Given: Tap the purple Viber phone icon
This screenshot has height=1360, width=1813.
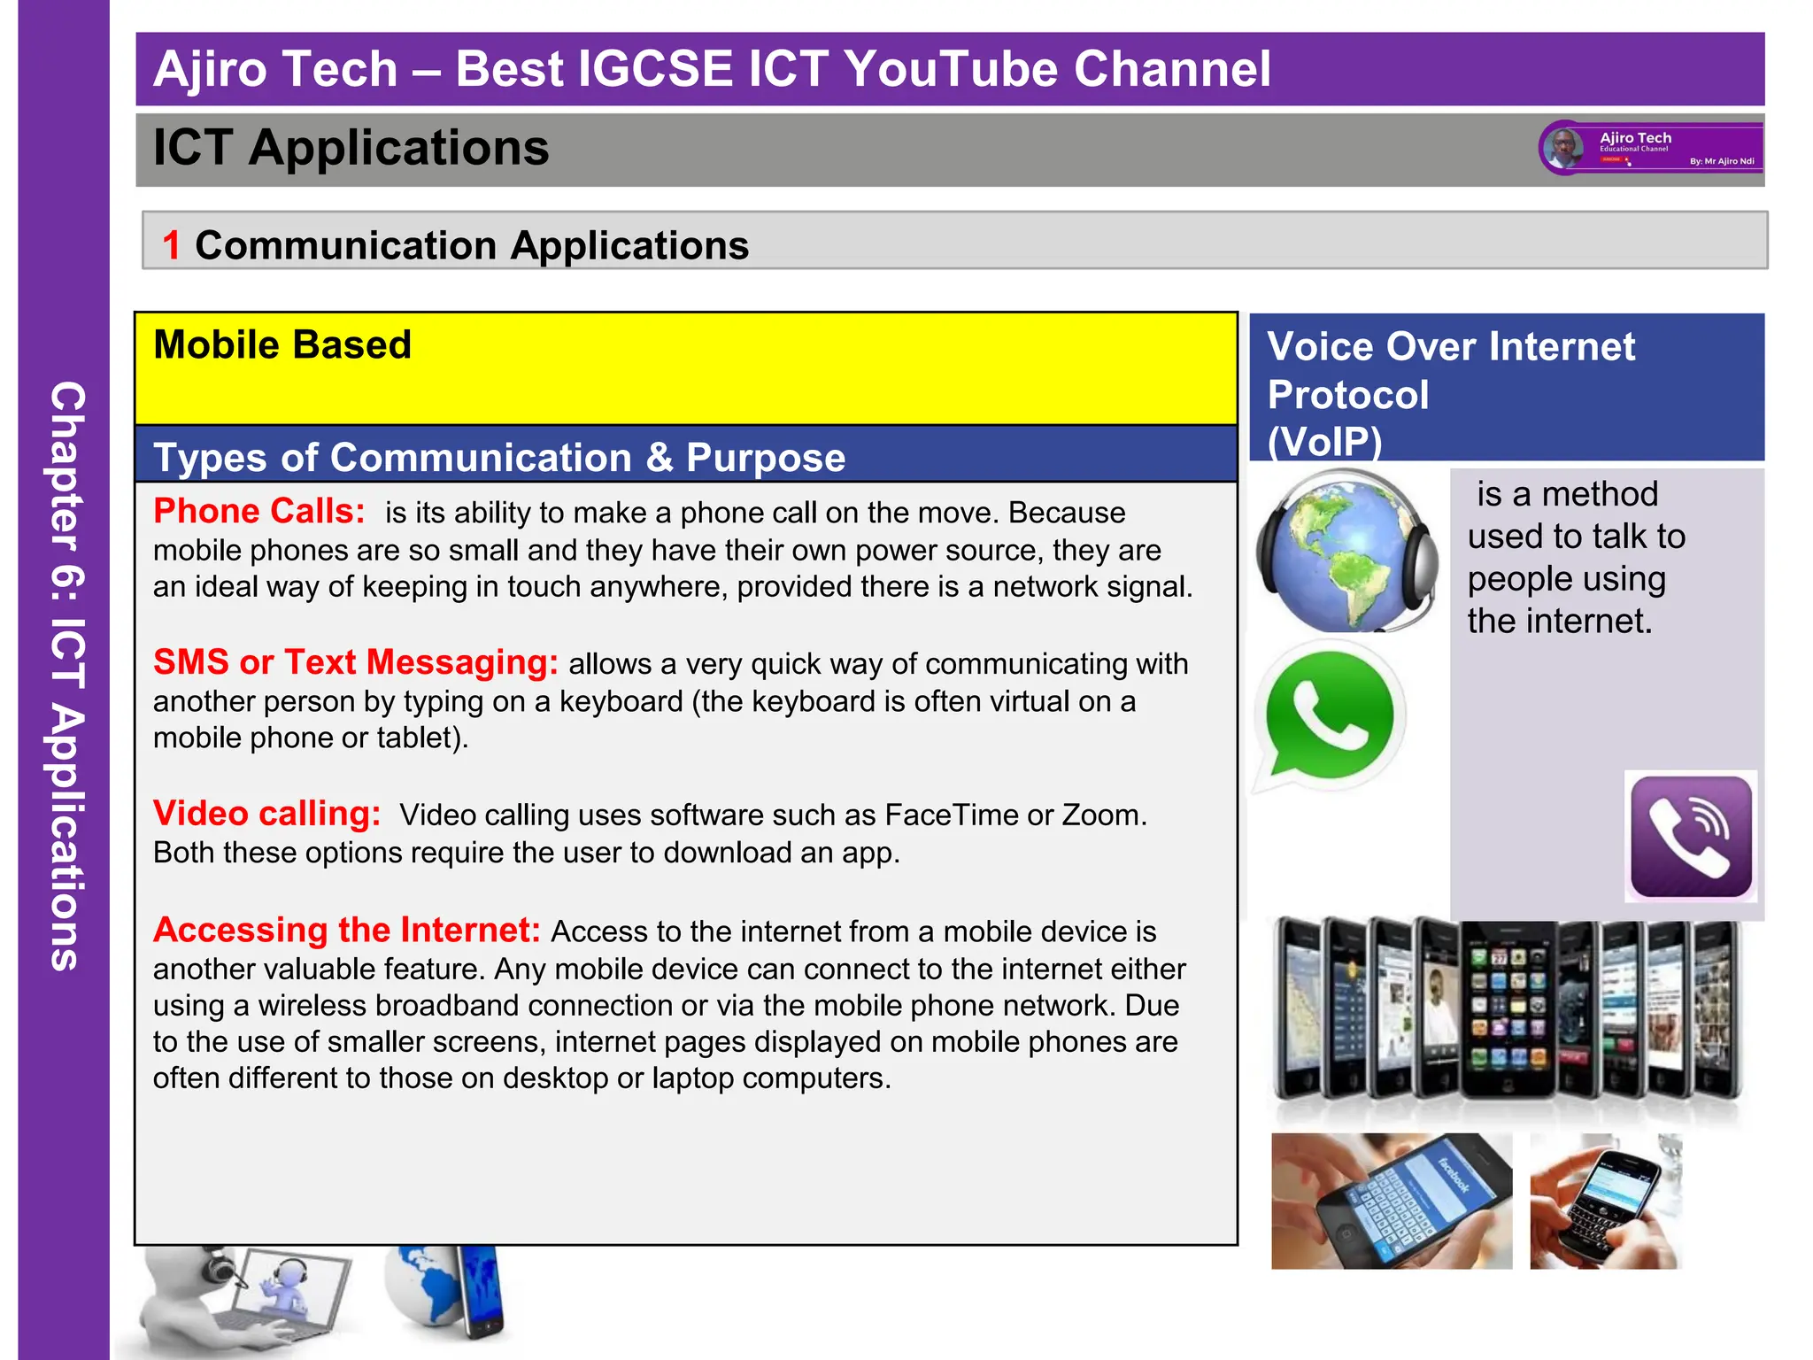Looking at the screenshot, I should tap(1691, 837).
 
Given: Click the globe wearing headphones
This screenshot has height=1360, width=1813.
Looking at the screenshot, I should tap(1345, 551).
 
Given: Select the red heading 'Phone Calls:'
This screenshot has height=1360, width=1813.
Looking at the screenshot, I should tap(258, 512).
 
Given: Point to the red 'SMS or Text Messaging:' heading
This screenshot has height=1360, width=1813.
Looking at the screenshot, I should tap(355, 662).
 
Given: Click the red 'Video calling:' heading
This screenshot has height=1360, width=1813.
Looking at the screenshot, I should tap(266, 814).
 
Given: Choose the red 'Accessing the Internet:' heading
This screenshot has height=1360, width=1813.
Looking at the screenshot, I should tap(346, 930).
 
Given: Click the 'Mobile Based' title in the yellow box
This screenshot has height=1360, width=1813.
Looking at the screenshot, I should tap(282, 344).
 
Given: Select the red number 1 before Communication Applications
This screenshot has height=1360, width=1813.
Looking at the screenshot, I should tap(171, 245).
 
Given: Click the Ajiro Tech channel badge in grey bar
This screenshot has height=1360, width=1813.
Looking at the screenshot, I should tap(1651, 148).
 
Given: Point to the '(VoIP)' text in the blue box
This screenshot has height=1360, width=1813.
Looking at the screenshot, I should tap(1324, 442).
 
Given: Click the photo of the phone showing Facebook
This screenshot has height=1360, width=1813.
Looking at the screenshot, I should tap(1392, 1201).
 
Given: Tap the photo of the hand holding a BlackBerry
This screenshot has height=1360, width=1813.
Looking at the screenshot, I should tap(1604, 1201).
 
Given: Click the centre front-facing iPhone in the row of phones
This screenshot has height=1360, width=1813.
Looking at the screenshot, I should tap(1508, 1009).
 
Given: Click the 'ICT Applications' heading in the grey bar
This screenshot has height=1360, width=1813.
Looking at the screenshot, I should tap(351, 147).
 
